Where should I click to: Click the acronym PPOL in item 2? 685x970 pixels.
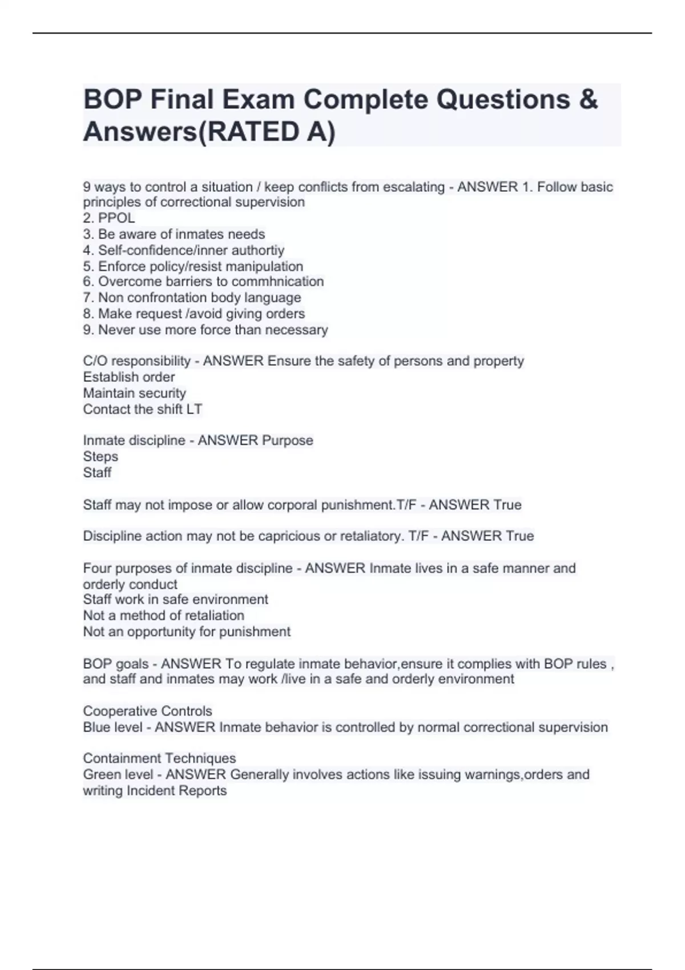coord(116,218)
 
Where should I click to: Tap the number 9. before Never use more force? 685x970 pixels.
coord(88,330)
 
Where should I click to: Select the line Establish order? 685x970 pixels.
coord(128,377)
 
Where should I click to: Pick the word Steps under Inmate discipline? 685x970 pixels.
coord(100,456)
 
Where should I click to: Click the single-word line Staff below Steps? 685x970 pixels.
coord(97,472)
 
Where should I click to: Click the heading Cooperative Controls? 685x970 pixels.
coord(147,711)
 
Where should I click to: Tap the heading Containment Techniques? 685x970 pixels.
coord(159,758)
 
